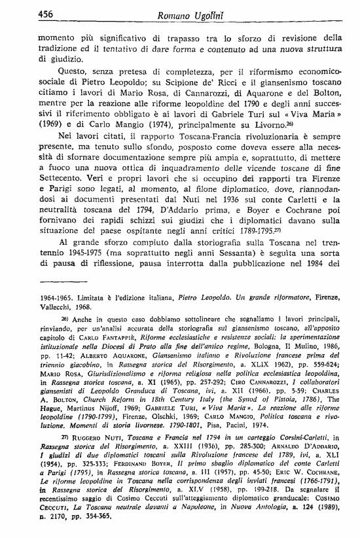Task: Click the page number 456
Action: [46, 14]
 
